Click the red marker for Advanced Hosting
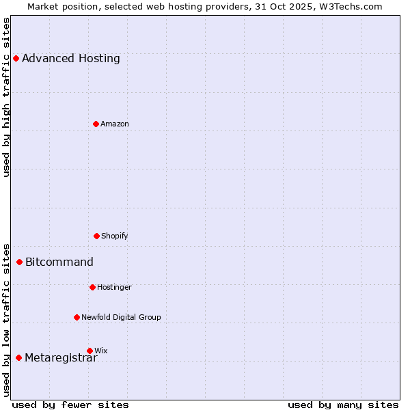[16, 58]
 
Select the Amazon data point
[96, 124]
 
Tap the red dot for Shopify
[96, 236]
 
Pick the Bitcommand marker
[19, 262]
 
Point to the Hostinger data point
[92, 287]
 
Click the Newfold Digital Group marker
[77, 317]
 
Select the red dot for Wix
[90, 351]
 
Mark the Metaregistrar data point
[18, 357]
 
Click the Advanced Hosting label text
[71, 58]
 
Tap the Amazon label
[115, 124]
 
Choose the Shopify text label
[115, 236]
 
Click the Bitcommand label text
[59, 262]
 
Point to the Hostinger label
[114, 287]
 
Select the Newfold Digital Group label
[122, 317]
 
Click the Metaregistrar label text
[61, 358]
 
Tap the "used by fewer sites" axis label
[70, 405]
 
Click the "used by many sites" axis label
[343, 405]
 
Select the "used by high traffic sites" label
[6, 97]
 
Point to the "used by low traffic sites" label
[6, 320]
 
